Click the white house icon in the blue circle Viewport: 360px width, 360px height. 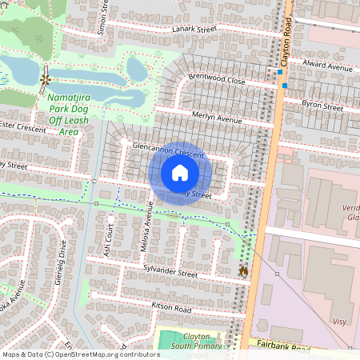[180, 173]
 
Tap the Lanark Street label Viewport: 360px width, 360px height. [194, 30]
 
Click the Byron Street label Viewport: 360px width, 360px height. [322, 106]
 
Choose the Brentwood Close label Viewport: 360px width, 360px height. [216, 79]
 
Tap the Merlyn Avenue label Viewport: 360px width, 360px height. [217, 119]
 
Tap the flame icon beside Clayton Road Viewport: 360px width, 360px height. [243, 270]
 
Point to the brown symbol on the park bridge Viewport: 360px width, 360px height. [45, 80]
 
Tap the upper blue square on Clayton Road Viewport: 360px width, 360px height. [281, 72]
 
